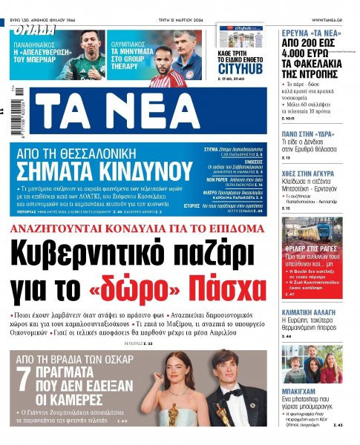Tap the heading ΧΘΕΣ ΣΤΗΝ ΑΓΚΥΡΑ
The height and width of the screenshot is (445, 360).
tap(311, 170)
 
